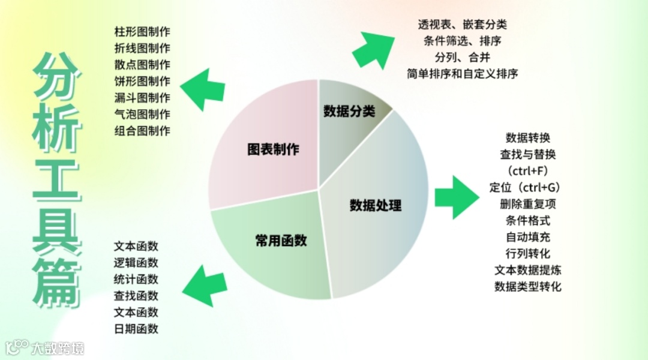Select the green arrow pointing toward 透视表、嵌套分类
(x=373, y=49)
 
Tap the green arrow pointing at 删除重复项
(x=453, y=197)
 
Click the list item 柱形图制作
(x=142, y=31)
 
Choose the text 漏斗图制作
(x=142, y=97)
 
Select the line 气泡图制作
(x=142, y=114)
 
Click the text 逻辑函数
(x=136, y=263)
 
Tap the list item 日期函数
(x=136, y=329)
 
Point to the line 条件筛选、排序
(x=462, y=41)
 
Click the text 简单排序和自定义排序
(x=462, y=74)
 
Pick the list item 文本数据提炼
(x=528, y=270)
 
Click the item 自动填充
(x=528, y=237)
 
